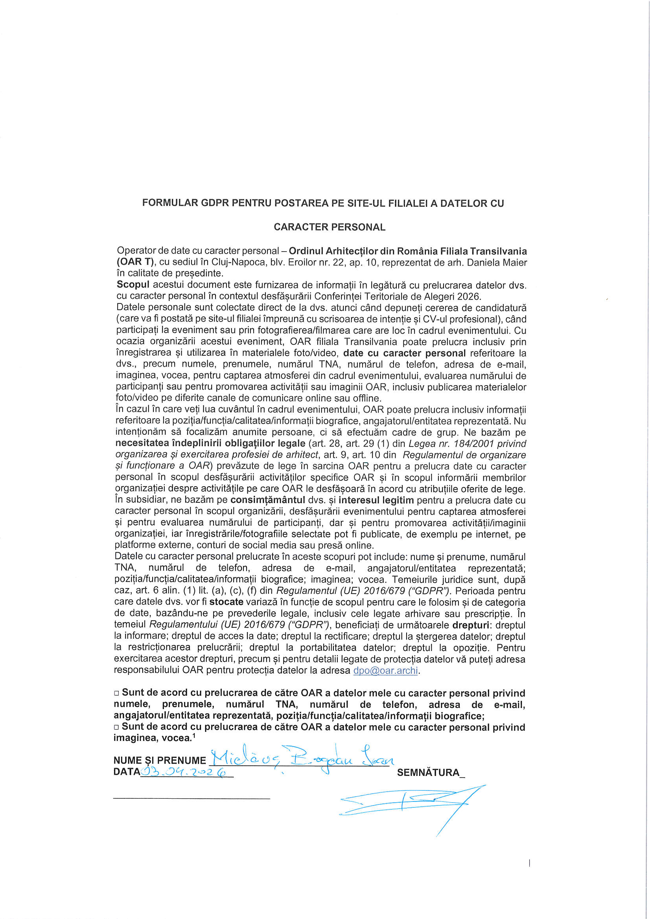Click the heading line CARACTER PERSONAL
tap(329, 227)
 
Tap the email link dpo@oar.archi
tap(385, 671)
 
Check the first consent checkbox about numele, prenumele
tap(116, 693)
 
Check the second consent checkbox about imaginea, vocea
tap(116, 727)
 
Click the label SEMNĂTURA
tap(428, 772)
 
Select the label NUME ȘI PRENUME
tap(159, 761)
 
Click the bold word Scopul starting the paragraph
tap(133, 285)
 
